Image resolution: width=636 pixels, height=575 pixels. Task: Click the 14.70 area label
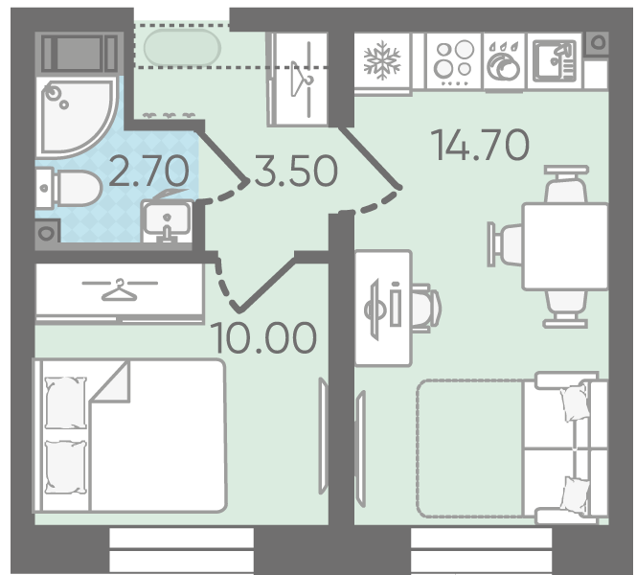(481, 144)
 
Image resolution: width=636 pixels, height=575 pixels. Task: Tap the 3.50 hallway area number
(296, 171)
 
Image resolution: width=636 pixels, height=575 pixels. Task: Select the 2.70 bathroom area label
(148, 171)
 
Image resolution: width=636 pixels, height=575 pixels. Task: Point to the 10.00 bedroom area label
(263, 337)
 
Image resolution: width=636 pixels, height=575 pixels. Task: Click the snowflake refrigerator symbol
(382, 60)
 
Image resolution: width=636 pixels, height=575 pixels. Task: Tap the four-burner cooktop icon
(454, 61)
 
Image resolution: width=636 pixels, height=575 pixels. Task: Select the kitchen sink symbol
(555, 61)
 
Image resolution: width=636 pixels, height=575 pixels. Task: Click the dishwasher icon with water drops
(504, 61)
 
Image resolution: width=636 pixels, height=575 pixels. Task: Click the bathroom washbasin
(167, 220)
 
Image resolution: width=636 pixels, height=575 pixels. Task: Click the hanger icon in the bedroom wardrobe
(119, 290)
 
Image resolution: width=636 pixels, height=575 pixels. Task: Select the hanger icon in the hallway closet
(301, 80)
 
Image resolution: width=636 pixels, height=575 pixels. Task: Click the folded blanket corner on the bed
(110, 381)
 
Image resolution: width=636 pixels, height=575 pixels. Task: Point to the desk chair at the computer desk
(426, 309)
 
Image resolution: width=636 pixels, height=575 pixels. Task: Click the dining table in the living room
(565, 246)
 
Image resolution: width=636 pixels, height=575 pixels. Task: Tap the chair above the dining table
(566, 185)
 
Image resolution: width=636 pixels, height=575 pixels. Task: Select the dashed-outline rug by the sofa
(470, 448)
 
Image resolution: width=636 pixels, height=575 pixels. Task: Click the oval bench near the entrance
(182, 48)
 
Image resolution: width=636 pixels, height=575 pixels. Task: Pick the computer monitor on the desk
(374, 310)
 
